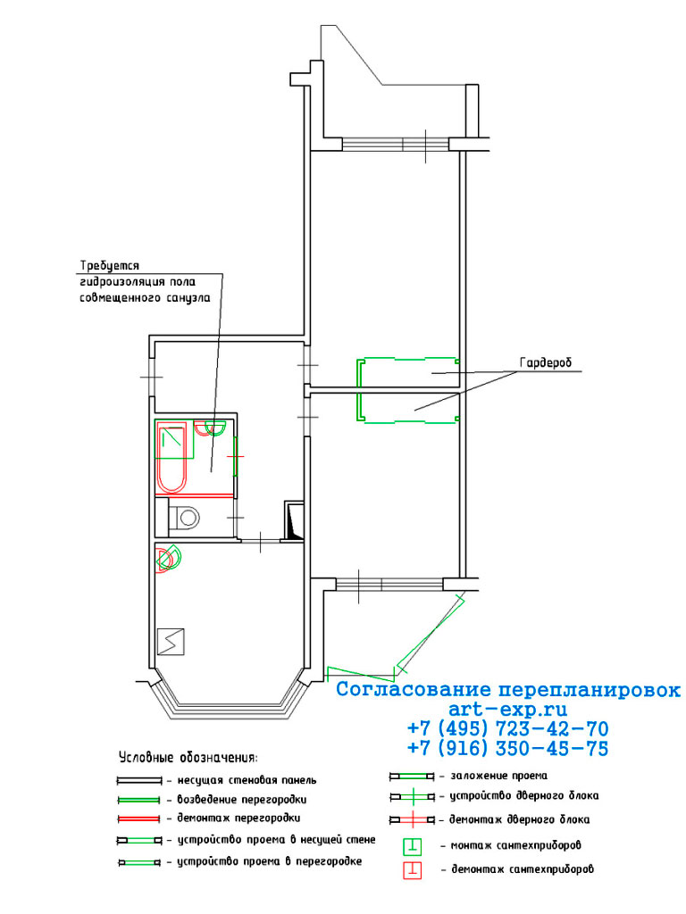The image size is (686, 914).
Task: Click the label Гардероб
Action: pyautogui.click(x=545, y=362)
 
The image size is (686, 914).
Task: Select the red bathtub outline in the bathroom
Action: pyautogui.click(x=171, y=458)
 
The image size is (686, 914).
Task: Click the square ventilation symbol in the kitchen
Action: pyautogui.click(x=171, y=641)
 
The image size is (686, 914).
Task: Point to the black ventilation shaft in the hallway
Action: pyautogui.click(x=292, y=520)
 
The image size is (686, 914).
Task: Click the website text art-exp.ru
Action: pyautogui.click(x=507, y=709)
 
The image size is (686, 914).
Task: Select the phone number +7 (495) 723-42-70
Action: pyautogui.click(x=507, y=728)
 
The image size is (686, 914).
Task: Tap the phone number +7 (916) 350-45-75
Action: pyautogui.click(x=507, y=748)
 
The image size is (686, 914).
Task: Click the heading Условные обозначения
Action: pyautogui.click(x=188, y=758)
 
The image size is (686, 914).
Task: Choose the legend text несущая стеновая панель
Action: pyautogui.click(x=247, y=780)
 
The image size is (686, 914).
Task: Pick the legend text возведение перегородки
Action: pyautogui.click(x=241, y=799)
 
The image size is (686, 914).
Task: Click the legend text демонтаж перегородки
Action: pyautogui.click(x=238, y=818)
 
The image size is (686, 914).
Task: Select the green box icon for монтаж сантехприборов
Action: pyautogui.click(x=413, y=846)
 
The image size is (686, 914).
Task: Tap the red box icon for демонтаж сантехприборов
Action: pyautogui.click(x=413, y=869)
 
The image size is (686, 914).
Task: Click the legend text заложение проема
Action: pyautogui.click(x=498, y=776)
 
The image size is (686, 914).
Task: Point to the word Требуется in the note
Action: pyautogui.click(x=110, y=266)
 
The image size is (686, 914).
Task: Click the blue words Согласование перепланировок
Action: pyautogui.click(x=508, y=690)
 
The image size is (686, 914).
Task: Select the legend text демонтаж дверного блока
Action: pyautogui.click(x=519, y=819)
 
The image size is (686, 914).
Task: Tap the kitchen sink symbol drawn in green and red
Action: pyautogui.click(x=169, y=558)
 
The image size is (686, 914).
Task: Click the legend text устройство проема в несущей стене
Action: pyautogui.click(x=277, y=840)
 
